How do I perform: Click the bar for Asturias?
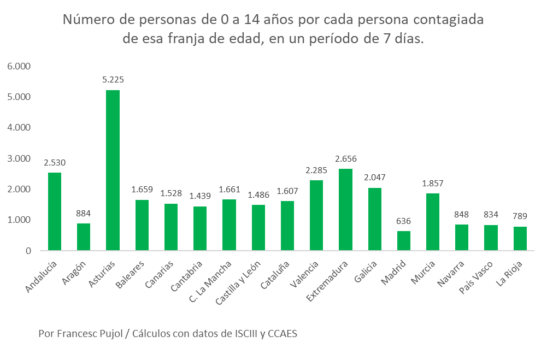[x=113, y=170]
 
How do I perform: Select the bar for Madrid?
[x=403, y=241]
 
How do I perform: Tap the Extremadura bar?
[x=345, y=210]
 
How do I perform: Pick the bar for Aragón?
[x=84, y=237]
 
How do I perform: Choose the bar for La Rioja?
[x=520, y=239]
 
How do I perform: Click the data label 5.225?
[x=113, y=80]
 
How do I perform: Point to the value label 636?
[x=403, y=221]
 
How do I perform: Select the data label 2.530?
[x=55, y=162]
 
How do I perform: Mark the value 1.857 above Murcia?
[x=432, y=183]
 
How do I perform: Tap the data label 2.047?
[x=374, y=178]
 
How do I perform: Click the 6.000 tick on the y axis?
[x=20, y=66]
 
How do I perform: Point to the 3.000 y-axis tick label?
[x=20, y=158]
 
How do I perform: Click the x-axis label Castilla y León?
[x=239, y=283]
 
